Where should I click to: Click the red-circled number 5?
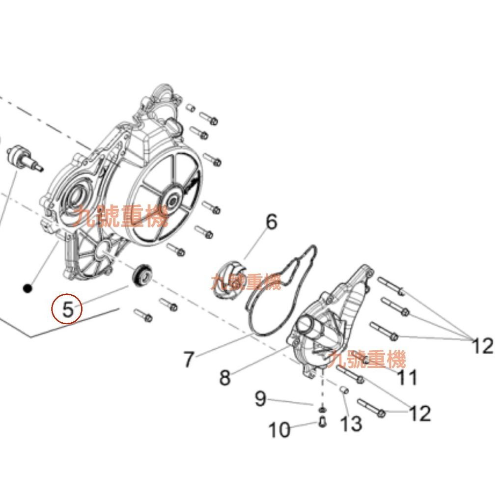(68, 309)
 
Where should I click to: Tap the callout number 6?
(271, 222)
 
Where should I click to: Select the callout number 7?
(189, 359)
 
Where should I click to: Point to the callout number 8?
(225, 377)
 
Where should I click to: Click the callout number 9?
(260, 399)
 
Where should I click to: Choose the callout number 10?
(279, 430)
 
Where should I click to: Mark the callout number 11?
(407, 377)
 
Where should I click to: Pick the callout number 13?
(351, 424)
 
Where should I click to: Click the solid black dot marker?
(28, 288)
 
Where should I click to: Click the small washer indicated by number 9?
(322, 410)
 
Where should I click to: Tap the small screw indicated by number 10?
(322, 421)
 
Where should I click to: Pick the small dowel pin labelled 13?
(344, 391)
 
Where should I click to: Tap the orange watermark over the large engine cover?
(121, 216)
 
